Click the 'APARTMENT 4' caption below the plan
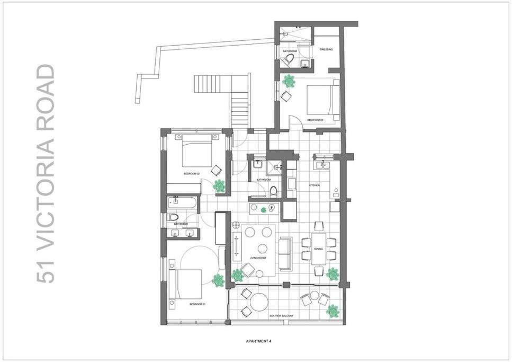(258, 341)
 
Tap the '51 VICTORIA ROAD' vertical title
(47, 173)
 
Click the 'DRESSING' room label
(326, 50)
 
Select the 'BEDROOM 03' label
(315, 120)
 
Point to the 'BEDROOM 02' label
(191, 174)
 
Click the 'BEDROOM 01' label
(197, 304)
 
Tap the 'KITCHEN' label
(315, 185)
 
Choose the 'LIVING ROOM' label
(257, 258)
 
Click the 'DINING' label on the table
(318, 249)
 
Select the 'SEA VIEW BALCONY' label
(281, 316)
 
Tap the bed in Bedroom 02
(197, 150)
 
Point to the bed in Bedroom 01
(186, 284)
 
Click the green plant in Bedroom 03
(289, 81)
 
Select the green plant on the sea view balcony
(333, 311)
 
